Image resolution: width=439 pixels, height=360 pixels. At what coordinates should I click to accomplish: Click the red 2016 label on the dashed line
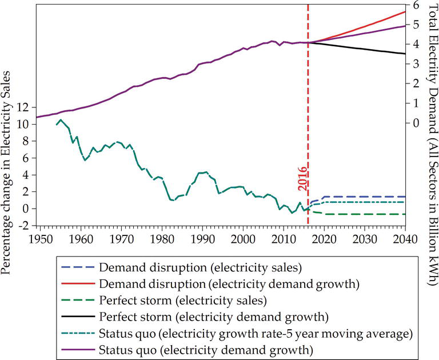pos(302,178)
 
